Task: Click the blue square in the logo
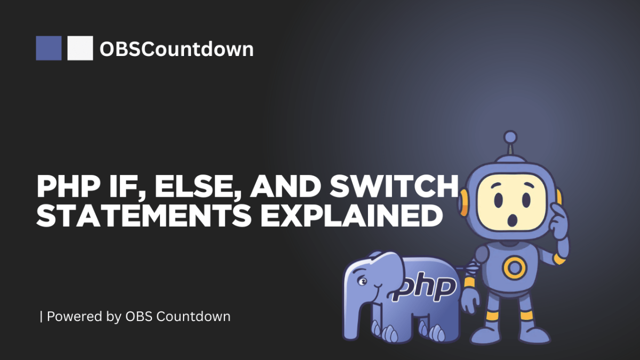[49, 48]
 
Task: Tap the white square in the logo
[81, 48]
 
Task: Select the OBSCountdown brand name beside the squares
[177, 49]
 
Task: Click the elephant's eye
[363, 281]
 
